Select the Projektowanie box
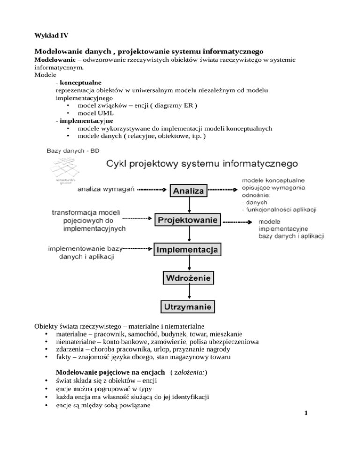(188, 220)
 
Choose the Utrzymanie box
(188, 308)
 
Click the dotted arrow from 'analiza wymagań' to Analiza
(153, 190)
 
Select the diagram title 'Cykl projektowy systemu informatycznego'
(202, 164)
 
